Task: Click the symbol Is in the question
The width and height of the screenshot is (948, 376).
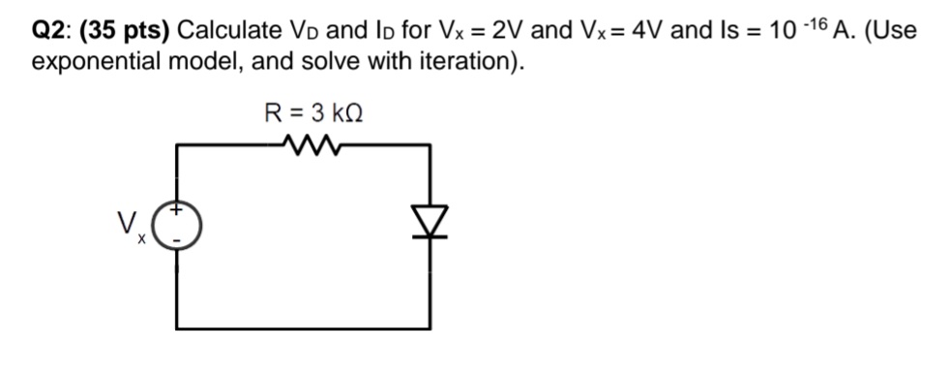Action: [x=718, y=31]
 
